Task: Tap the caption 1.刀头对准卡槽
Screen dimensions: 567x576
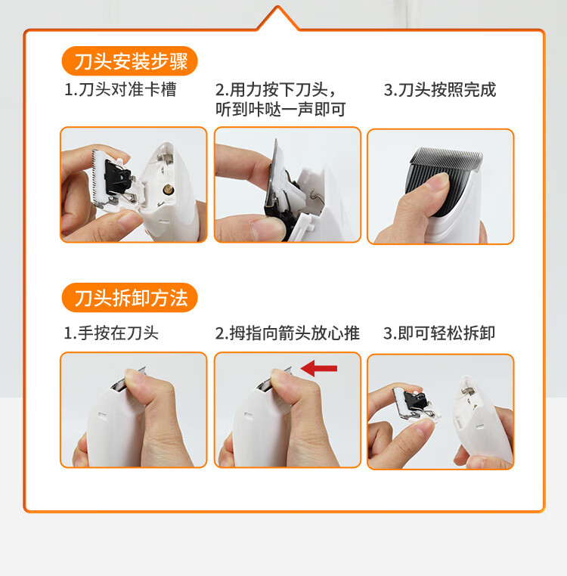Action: click(x=120, y=90)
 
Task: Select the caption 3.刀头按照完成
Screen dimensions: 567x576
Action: click(x=440, y=90)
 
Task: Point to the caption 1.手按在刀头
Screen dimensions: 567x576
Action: click(x=111, y=333)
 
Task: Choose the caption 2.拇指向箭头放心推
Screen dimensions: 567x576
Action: click(x=287, y=333)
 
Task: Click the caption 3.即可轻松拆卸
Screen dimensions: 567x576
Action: click(x=439, y=333)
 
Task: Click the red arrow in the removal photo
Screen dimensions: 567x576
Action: click(x=319, y=368)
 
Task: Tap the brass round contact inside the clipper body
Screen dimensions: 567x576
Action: click(x=169, y=189)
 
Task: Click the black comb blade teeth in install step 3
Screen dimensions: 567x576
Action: click(x=446, y=159)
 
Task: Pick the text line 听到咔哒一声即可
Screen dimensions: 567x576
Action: click(x=280, y=109)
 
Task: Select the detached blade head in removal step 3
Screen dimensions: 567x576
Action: click(x=417, y=404)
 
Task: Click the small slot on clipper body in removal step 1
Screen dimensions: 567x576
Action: click(x=102, y=415)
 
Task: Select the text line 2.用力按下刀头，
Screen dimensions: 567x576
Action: click(x=276, y=90)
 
